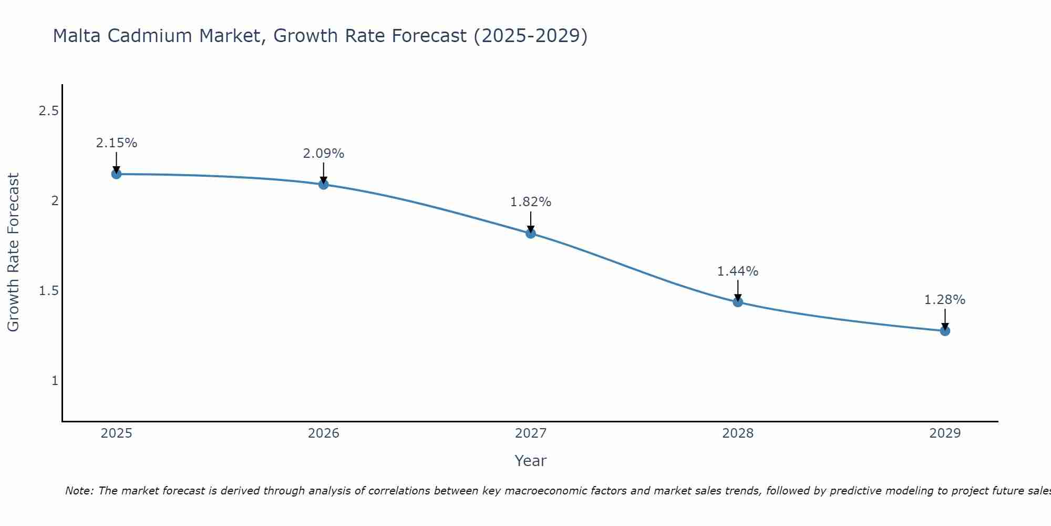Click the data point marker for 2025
coord(117,174)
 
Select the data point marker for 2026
coord(324,185)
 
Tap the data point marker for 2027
coord(531,234)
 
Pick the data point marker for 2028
coord(738,302)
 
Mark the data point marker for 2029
coord(945,331)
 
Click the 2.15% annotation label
coord(117,143)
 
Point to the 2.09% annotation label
coord(324,154)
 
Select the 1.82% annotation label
coord(531,202)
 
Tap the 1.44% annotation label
coord(738,271)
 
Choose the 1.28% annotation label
coord(945,300)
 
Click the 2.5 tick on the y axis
coord(48,111)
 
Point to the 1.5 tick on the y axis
coord(48,291)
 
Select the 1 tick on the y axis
coord(55,381)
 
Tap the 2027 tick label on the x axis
coord(531,433)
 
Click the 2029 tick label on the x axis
coord(945,433)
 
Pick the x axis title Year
coord(531,461)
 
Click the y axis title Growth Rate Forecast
coord(14,252)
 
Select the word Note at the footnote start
coord(78,491)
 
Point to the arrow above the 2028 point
coord(738,290)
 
